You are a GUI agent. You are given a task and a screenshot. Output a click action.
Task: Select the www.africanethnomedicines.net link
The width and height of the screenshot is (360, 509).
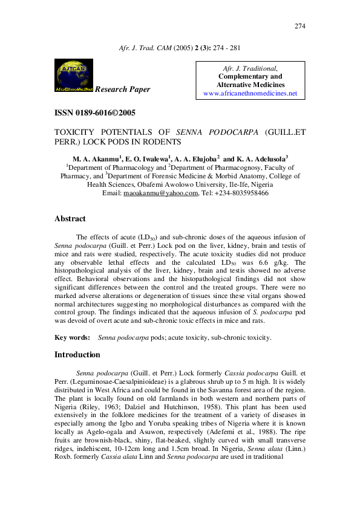pos(250,94)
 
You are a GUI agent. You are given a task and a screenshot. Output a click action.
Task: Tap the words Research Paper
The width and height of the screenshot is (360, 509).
pos(123,89)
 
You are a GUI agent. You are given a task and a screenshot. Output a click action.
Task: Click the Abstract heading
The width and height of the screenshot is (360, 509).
pos(70,219)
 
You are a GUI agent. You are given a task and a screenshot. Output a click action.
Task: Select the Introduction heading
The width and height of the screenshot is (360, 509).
pos(77,355)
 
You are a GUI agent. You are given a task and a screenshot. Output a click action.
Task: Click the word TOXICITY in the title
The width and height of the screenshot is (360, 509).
pos(77,131)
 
